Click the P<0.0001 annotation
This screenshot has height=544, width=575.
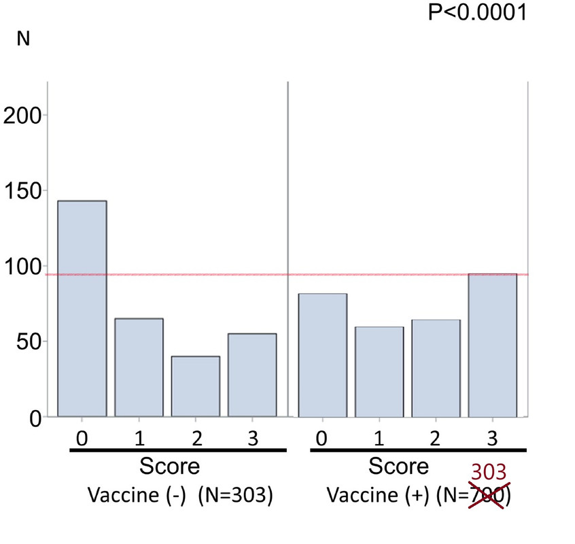click(x=477, y=13)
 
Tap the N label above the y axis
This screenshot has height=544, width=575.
click(x=23, y=39)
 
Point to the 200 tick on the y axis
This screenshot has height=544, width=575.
click(x=22, y=115)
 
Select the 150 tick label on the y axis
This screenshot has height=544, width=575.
click(x=22, y=190)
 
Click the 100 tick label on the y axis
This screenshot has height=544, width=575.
click(x=22, y=266)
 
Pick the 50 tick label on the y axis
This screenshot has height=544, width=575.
click(x=29, y=341)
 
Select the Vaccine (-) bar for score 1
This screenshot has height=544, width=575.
click(x=139, y=367)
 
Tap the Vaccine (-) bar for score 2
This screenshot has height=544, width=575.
click(x=196, y=386)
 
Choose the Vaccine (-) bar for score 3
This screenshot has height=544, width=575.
click(x=252, y=375)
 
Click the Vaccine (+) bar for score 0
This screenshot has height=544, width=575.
click(x=323, y=355)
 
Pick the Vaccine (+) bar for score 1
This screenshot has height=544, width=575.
click(x=379, y=371)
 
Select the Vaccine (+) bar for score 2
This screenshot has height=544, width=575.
click(x=436, y=368)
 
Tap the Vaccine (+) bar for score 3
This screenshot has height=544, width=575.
click(x=493, y=345)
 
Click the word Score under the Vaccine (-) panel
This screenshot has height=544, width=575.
click(x=170, y=466)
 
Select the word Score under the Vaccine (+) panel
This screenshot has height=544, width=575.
click(x=398, y=466)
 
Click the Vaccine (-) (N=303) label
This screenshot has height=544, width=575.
click(x=180, y=496)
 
